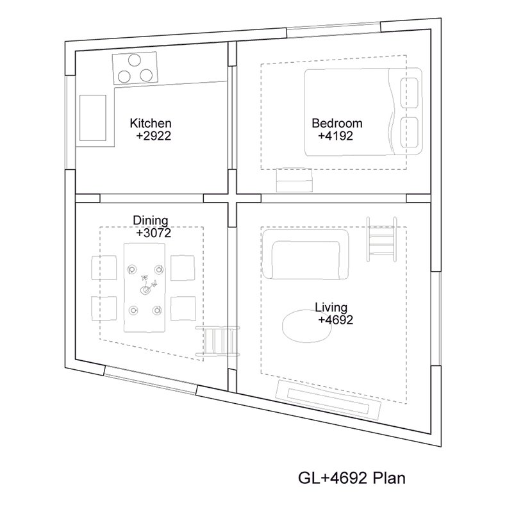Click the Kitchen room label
pyautogui.click(x=151, y=123)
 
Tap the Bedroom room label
pyautogui.click(x=337, y=123)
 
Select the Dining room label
pyautogui.click(x=151, y=221)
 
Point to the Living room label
pyautogui.click(x=331, y=308)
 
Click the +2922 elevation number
pyautogui.click(x=154, y=136)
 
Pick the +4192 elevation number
pyautogui.click(x=336, y=136)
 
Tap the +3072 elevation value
pyautogui.click(x=154, y=233)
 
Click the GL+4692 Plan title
pyautogui.click(x=351, y=478)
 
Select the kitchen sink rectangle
pyautogui.click(x=93, y=118)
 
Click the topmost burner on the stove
pyautogui.click(x=134, y=60)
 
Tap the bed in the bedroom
pyautogui.click(x=363, y=112)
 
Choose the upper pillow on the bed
pyautogui.click(x=409, y=93)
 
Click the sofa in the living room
pyautogui.click(x=306, y=254)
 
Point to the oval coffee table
pyautogui.click(x=307, y=326)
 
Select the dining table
pyautogui.click(x=144, y=288)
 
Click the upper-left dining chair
pyautogui.click(x=104, y=268)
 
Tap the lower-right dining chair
pyautogui.click(x=183, y=308)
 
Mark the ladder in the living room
pyautogui.click(x=382, y=239)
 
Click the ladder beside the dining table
pyautogui.click(x=218, y=342)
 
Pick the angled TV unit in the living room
pyautogui.click(x=328, y=400)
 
